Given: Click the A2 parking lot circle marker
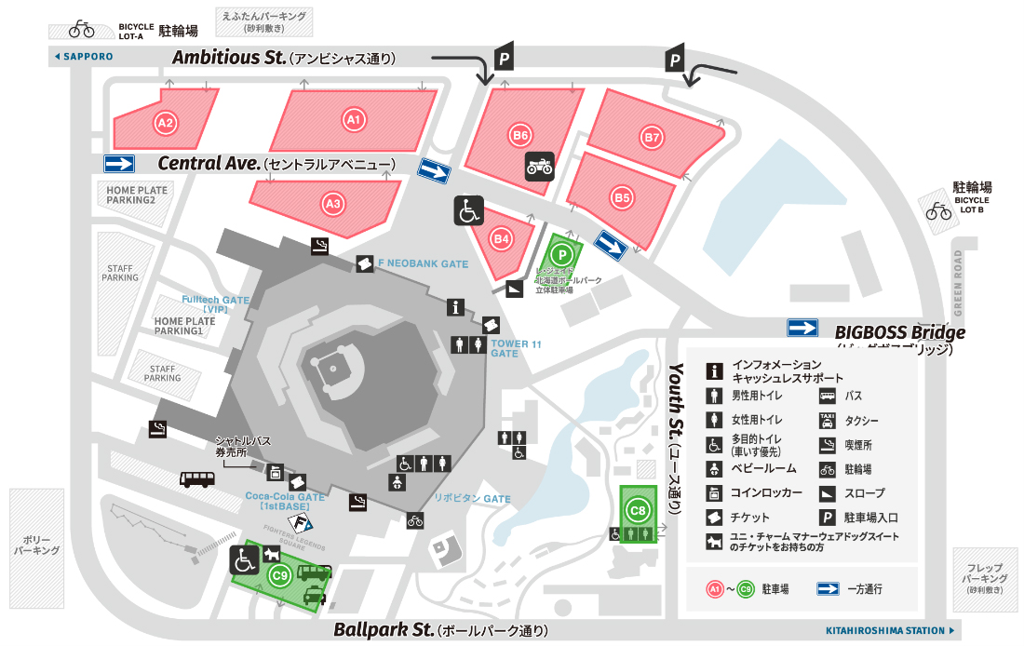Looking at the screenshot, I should click(166, 122).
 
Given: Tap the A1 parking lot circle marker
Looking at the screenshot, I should click(353, 119).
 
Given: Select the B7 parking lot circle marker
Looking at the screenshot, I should click(652, 137).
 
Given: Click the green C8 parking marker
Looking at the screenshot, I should click(638, 510).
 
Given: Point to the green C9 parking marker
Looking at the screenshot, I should click(279, 575).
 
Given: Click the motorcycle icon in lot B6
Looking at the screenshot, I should click(540, 166).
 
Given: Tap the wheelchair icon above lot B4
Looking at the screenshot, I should click(468, 210).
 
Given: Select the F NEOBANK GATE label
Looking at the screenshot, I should click(423, 264).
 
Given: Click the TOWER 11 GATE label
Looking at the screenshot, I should click(516, 349).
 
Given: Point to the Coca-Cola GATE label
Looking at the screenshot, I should click(286, 502).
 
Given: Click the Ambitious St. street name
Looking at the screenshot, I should click(229, 58).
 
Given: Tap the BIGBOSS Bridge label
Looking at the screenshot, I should click(899, 331).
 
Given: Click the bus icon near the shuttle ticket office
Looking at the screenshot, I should click(197, 479).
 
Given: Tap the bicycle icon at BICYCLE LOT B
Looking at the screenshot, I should click(938, 211).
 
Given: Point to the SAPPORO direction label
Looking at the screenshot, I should click(84, 57).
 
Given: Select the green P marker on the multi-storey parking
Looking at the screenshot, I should click(561, 252).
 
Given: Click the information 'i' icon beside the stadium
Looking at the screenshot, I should click(455, 307).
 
